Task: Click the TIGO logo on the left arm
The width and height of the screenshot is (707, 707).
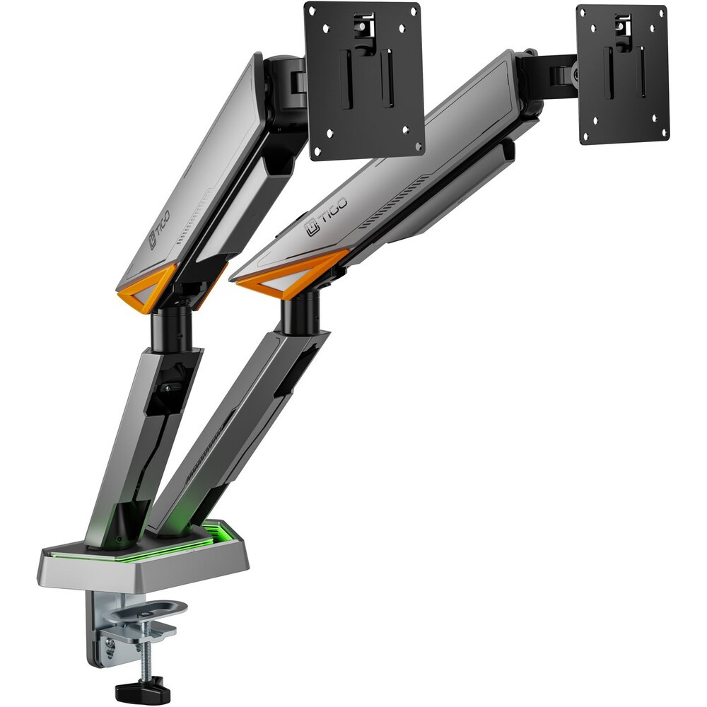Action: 160,229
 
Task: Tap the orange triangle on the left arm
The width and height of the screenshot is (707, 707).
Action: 146,288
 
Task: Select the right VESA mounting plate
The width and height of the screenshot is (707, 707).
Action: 623,74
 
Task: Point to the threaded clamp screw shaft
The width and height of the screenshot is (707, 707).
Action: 146,647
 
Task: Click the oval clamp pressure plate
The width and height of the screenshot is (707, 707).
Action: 144,611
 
